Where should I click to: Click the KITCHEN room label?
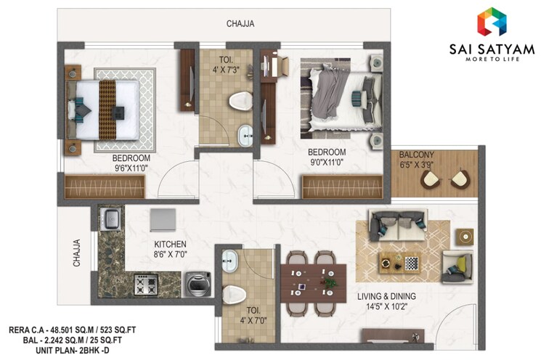point(170,245)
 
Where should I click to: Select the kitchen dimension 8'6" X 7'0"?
point(170,255)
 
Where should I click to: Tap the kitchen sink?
point(111,218)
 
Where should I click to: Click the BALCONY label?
point(416,155)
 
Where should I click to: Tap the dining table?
point(313,282)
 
